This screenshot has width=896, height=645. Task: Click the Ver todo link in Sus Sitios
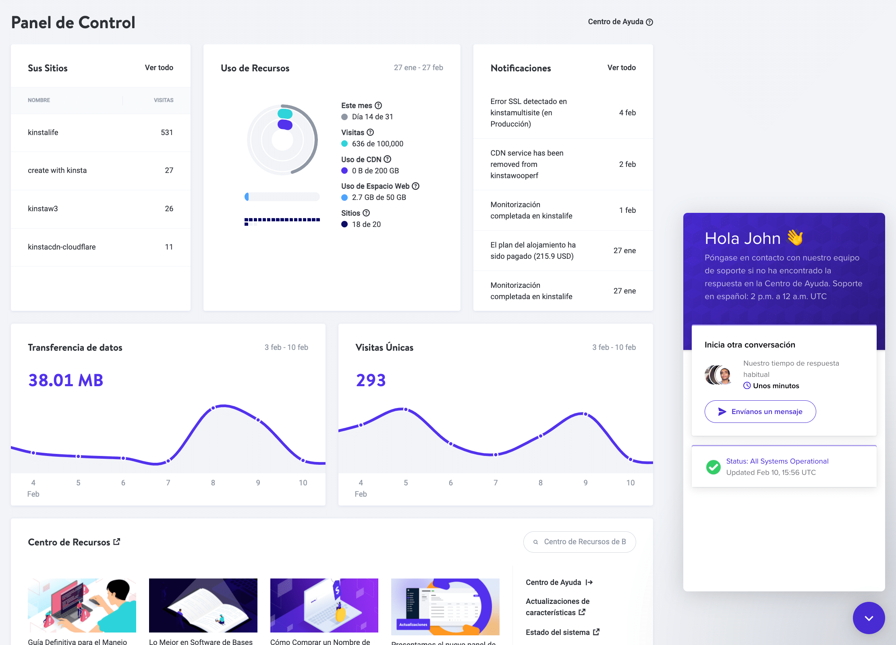[x=159, y=68]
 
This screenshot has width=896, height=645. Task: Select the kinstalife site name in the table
[x=43, y=133]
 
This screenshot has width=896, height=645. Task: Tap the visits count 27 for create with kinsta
[x=169, y=171]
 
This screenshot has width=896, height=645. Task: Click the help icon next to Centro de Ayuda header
[x=649, y=22]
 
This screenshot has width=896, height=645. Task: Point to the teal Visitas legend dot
[x=344, y=144]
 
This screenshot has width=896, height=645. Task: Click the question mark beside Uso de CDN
[x=388, y=159]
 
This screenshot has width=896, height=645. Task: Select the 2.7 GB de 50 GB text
[x=379, y=198]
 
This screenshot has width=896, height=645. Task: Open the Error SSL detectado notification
[x=529, y=113]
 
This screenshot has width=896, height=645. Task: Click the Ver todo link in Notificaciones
[x=621, y=68]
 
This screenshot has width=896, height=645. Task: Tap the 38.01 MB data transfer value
[x=66, y=380]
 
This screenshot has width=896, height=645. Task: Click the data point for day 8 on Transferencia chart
[x=213, y=408]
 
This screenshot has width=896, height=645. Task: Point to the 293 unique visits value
[x=371, y=380]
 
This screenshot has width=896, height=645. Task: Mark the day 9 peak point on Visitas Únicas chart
[x=585, y=414]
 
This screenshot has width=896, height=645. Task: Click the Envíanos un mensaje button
[x=760, y=412]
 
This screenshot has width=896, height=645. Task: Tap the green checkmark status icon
[x=713, y=467]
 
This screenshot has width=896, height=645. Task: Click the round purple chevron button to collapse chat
[x=869, y=618]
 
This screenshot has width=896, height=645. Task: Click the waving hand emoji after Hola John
[x=795, y=237]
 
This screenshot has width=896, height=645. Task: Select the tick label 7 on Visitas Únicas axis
[x=496, y=483]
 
